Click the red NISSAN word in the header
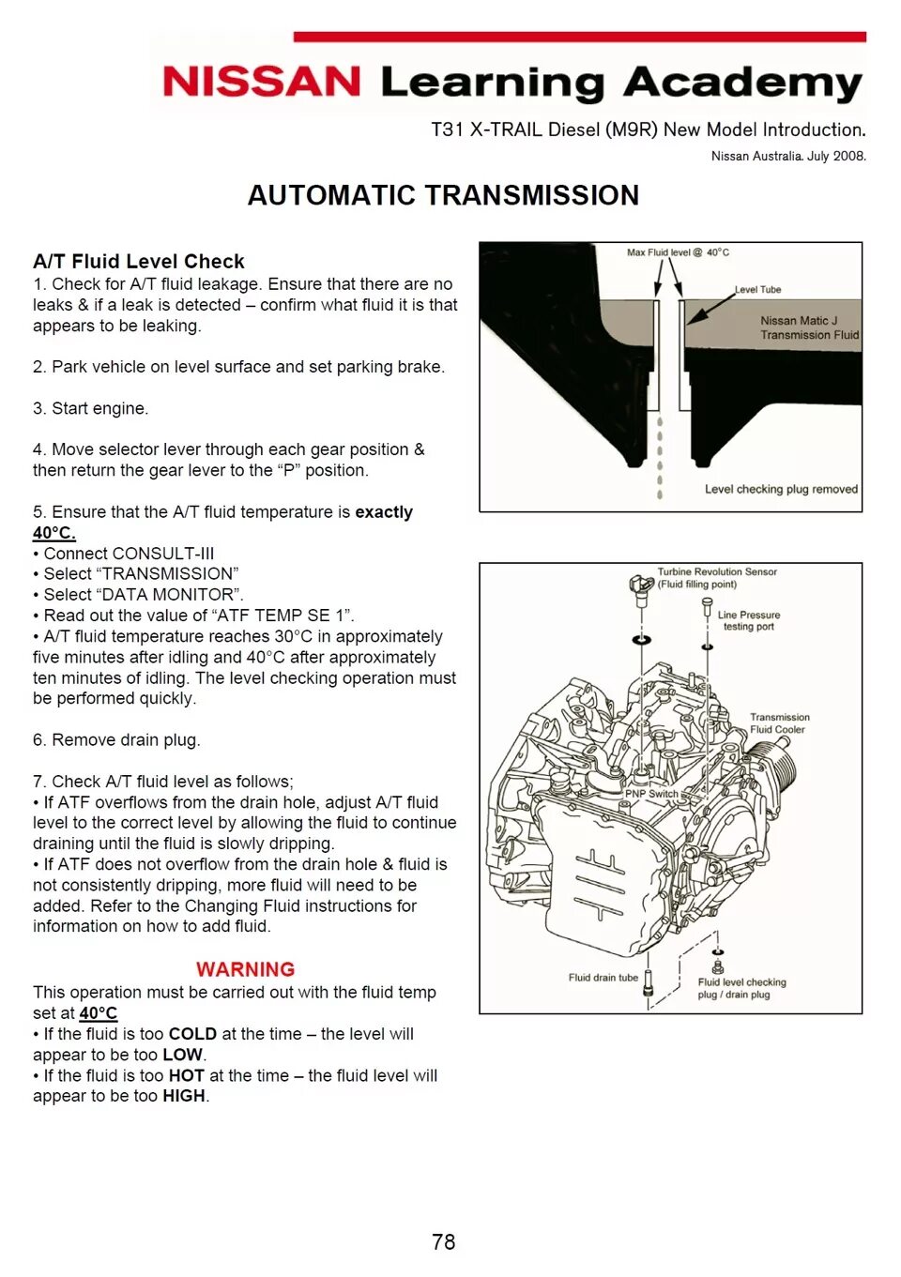pyautogui.click(x=261, y=82)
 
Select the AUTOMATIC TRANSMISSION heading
pyautogui.click(x=443, y=195)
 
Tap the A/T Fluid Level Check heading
pyautogui.click(x=139, y=261)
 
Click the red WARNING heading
pyautogui.click(x=245, y=969)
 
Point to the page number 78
pyautogui.click(x=443, y=1241)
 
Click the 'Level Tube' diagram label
pyautogui.click(x=757, y=290)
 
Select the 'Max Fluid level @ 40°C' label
pyautogui.click(x=678, y=252)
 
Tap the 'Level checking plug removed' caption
pyautogui.click(x=781, y=489)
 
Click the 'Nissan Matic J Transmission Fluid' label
pyautogui.click(x=809, y=327)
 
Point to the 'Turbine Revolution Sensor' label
pyautogui.click(x=716, y=572)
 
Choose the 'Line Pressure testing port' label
pyautogui.click(x=749, y=620)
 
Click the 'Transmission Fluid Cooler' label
pyautogui.click(x=779, y=722)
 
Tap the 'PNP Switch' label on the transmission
pyautogui.click(x=651, y=794)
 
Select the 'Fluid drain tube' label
pyautogui.click(x=603, y=978)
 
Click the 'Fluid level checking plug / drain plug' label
pyautogui.click(x=741, y=988)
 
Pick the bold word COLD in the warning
pyautogui.click(x=192, y=1034)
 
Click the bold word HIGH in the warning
pyautogui.click(x=184, y=1096)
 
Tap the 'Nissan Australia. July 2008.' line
pyautogui.click(x=788, y=156)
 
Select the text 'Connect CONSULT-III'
pyautogui.click(x=129, y=554)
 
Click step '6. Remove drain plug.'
pyautogui.click(x=116, y=739)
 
